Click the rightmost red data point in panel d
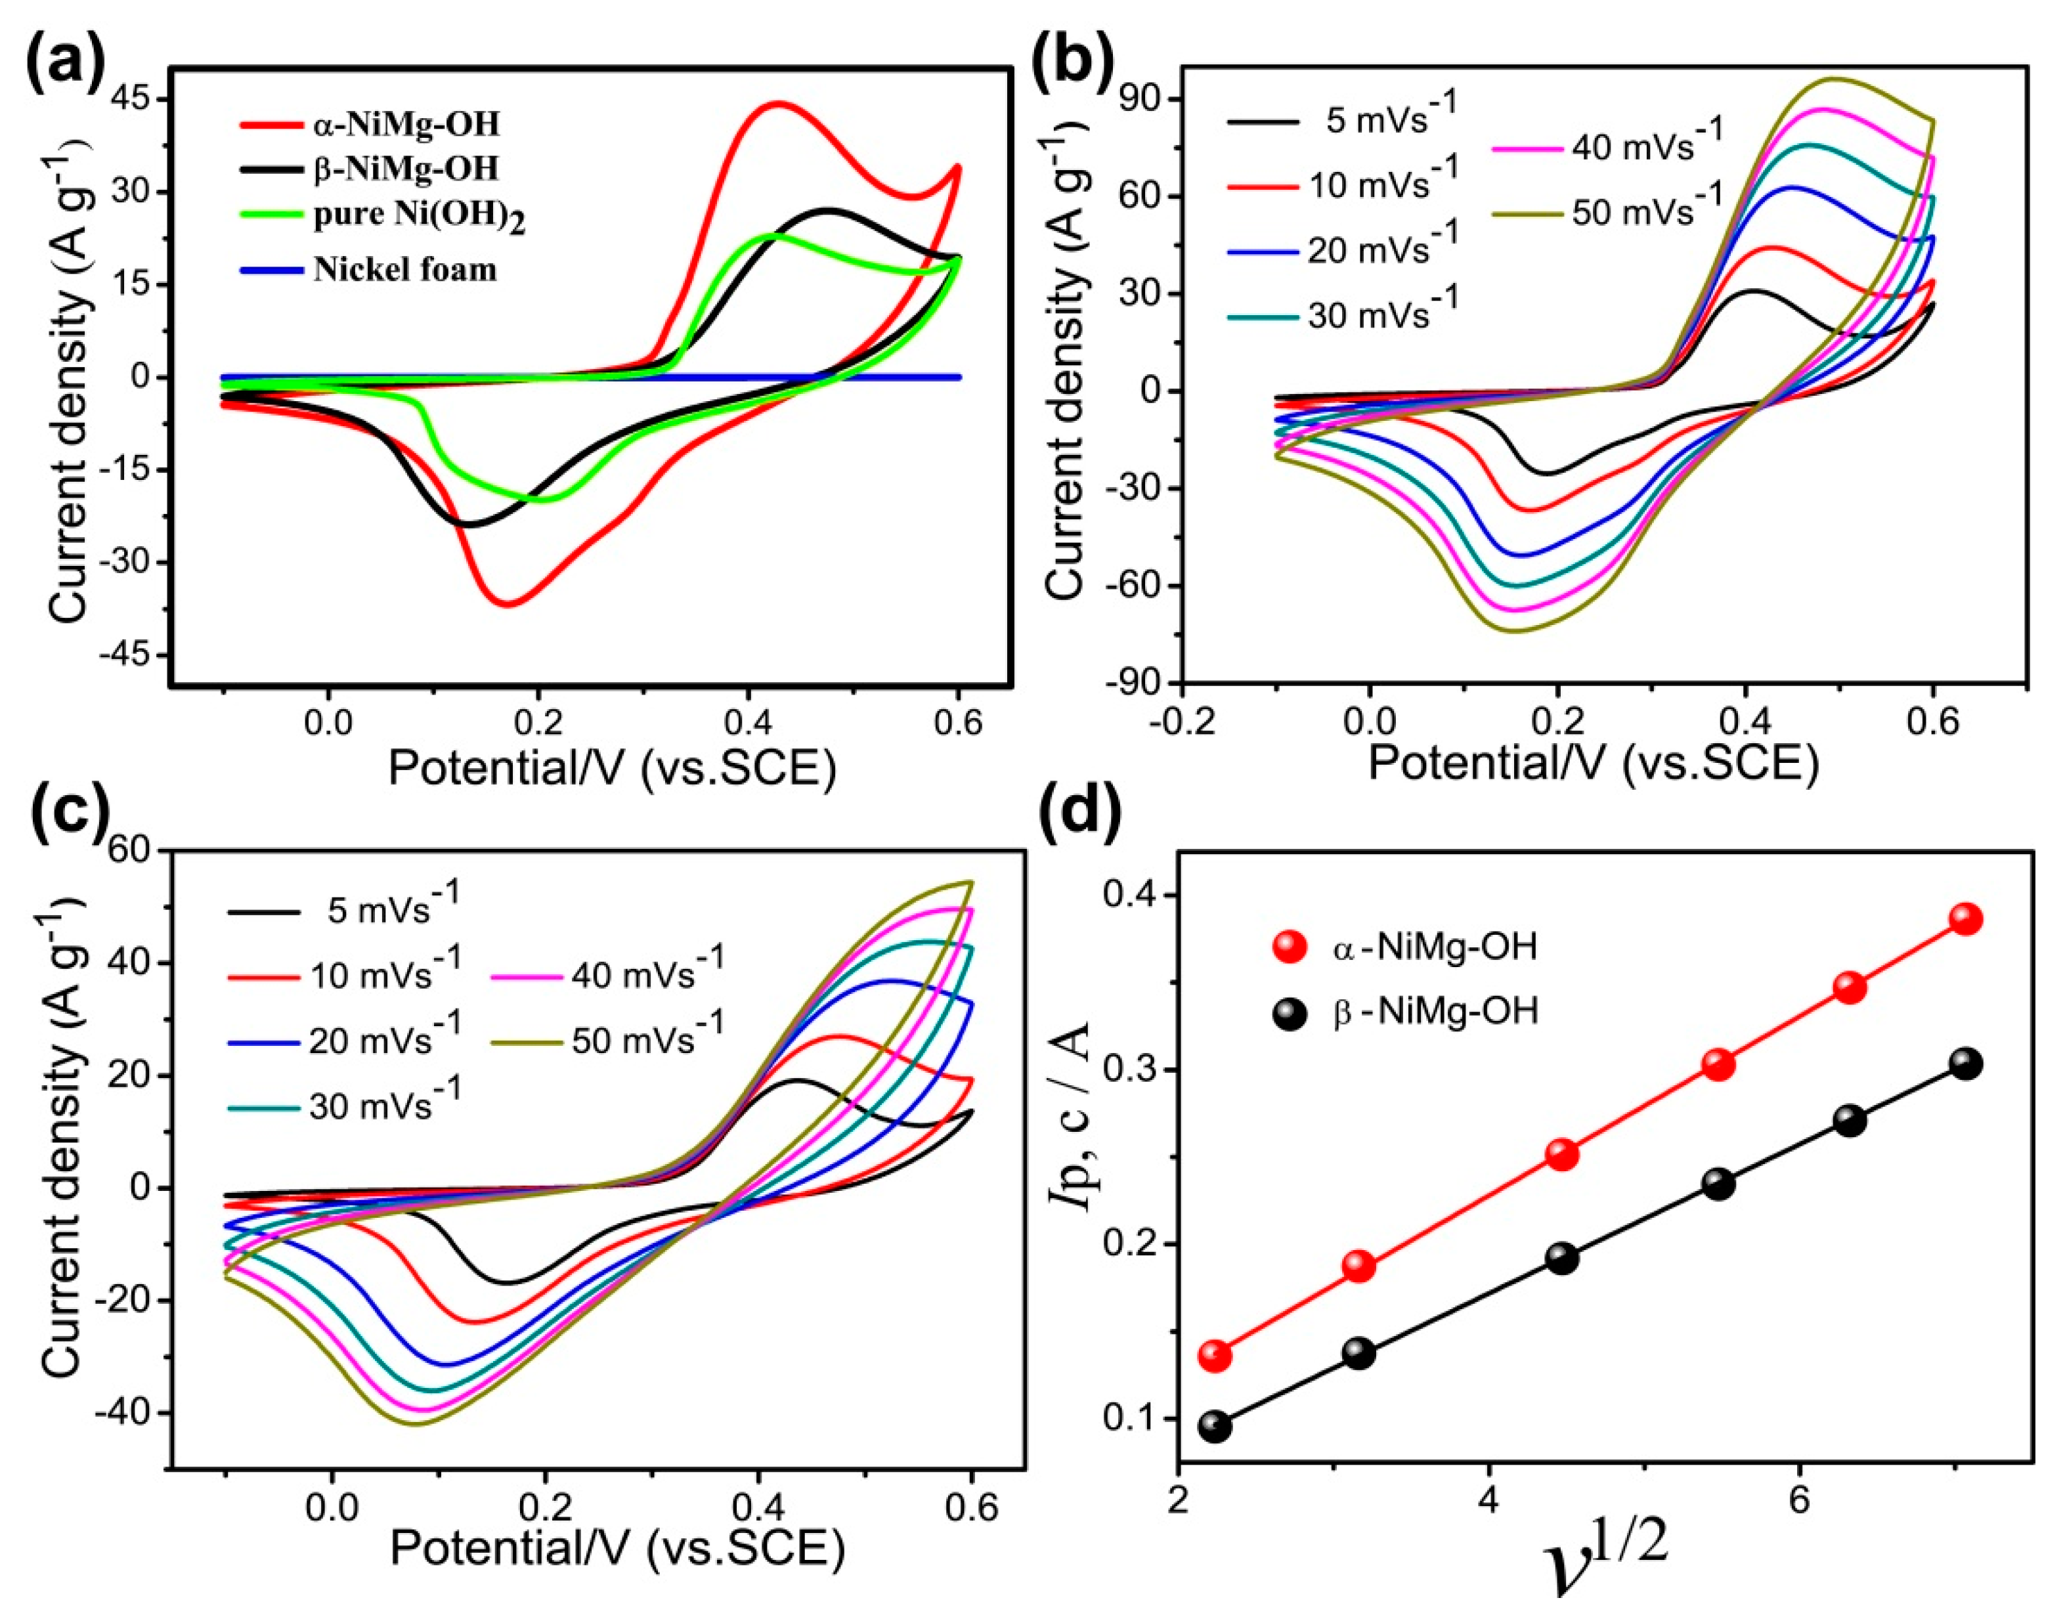[x=1966, y=918]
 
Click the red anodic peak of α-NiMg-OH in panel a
[x=777, y=103]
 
